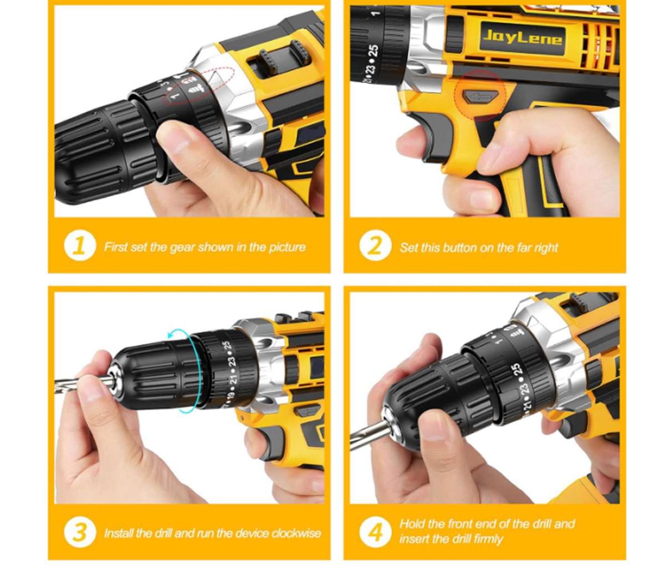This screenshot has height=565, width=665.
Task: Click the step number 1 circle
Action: (x=79, y=246)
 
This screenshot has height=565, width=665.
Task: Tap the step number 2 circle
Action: (x=375, y=246)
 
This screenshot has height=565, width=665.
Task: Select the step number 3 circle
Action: (x=79, y=532)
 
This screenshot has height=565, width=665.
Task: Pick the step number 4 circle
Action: (x=375, y=532)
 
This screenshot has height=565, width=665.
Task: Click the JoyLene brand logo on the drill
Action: (x=523, y=38)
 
